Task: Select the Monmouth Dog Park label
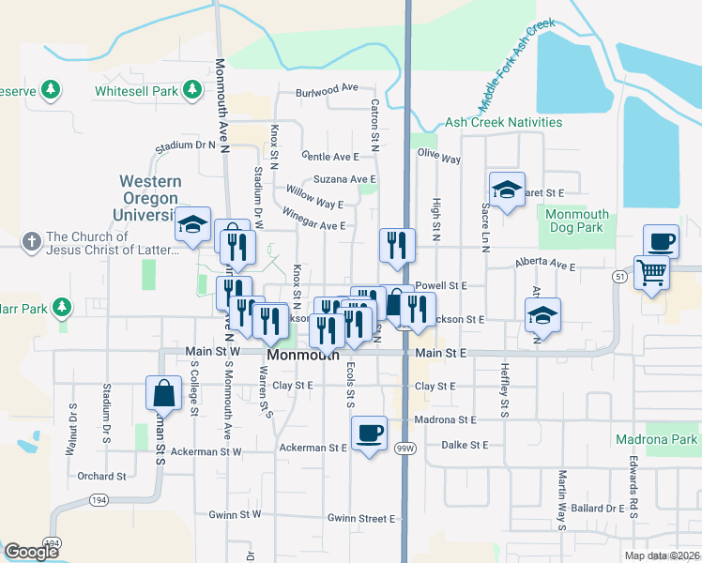click(x=577, y=221)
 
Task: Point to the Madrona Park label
click(x=656, y=439)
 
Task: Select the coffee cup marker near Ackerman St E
click(x=370, y=432)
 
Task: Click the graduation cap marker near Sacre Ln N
click(x=507, y=190)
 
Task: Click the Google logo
click(x=32, y=552)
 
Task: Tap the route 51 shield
click(x=619, y=277)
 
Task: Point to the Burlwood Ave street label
click(x=327, y=88)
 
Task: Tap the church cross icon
click(x=32, y=241)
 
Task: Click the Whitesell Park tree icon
click(x=191, y=90)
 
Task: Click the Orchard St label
click(x=96, y=476)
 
